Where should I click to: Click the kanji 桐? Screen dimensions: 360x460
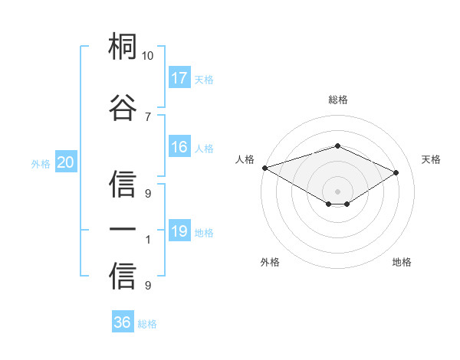(x=123, y=48)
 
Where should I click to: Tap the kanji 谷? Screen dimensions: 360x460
(x=123, y=107)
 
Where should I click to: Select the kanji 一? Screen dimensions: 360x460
(x=123, y=229)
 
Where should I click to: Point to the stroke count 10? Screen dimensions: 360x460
(x=148, y=56)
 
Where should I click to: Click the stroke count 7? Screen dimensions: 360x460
(x=148, y=116)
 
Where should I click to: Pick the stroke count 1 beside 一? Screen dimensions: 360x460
(x=148, y=240)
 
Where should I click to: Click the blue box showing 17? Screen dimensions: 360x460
(x=179, y=77)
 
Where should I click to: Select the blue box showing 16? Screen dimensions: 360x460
(x=179, y=148)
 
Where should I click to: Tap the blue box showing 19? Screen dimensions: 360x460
(x=179, y=231)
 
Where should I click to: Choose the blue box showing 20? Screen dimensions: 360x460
(x=66, y=162)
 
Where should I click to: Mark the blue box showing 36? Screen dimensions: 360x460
(x=123, y=322)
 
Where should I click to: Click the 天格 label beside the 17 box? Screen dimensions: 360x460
(x=204, y=79)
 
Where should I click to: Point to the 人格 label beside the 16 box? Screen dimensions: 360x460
(x=204, y=149)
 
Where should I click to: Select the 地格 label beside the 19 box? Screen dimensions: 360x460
(x=204, y=233)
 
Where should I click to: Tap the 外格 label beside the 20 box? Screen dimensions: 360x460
(x=41, y=164)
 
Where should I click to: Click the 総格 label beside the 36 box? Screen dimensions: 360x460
(x=147, y=324)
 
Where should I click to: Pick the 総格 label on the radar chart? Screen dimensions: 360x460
(x=337, y=100)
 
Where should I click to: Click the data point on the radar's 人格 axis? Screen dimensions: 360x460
(x=264, y=168)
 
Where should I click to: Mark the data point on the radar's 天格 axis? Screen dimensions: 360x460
(x=396, y=172)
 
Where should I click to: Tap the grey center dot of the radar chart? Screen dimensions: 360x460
(x=337, y=191)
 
